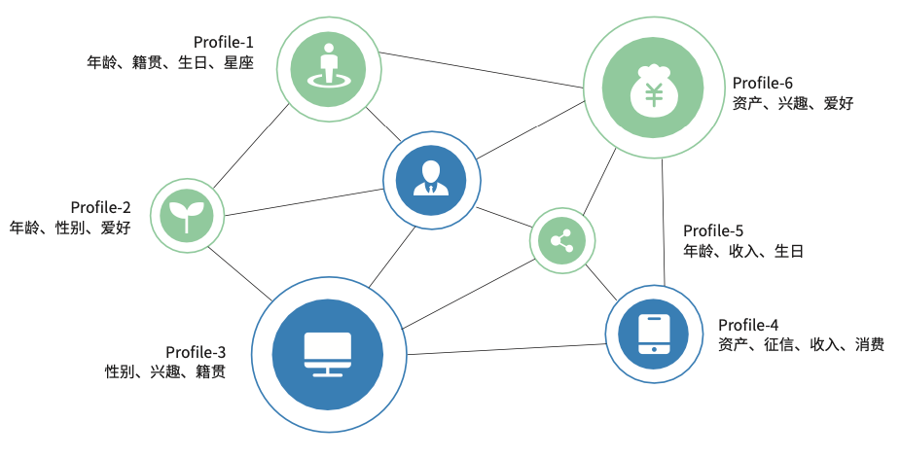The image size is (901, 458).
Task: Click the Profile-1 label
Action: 223,42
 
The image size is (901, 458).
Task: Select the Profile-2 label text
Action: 101,207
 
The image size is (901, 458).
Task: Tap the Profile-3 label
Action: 196,351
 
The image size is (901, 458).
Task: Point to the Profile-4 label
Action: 748,325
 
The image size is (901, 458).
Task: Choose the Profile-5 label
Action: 713,230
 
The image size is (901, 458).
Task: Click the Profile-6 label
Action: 763,83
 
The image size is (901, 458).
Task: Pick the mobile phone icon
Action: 654,334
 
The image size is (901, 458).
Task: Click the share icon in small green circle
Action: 561,239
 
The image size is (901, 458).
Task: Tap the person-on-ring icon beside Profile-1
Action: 327,65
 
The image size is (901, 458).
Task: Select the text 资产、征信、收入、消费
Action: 801,345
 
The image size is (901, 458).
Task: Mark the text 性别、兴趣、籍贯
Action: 164,371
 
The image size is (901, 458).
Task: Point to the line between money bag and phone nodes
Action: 664,224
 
